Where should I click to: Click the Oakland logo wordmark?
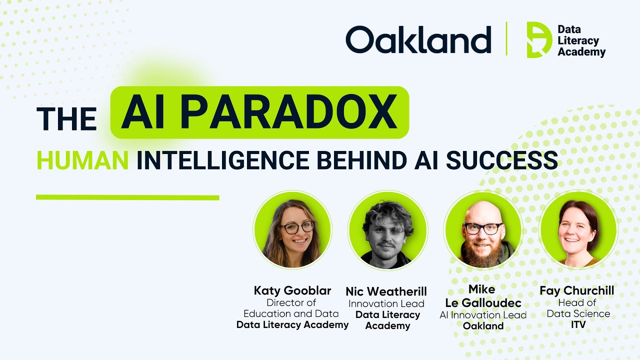[x=418, y=39]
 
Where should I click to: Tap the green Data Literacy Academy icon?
[x=539, y=39]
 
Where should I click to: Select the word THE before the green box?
[x=66, y=119]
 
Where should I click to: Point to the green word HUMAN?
[x=82, y=161]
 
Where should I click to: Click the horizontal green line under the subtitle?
[x=127, y=197]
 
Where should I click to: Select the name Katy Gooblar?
[x=292, y=290]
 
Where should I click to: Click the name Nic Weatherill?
[x=386, y=291]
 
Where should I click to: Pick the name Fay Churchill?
[x=576, y=290]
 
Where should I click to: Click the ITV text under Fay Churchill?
[x=578, y=325]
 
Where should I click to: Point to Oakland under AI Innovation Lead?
[x=483, y=326]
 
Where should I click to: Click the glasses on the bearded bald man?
[x=482, y=228]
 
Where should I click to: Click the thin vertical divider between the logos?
[x=506, y=39]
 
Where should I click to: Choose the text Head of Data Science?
[x=578, y=308]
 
